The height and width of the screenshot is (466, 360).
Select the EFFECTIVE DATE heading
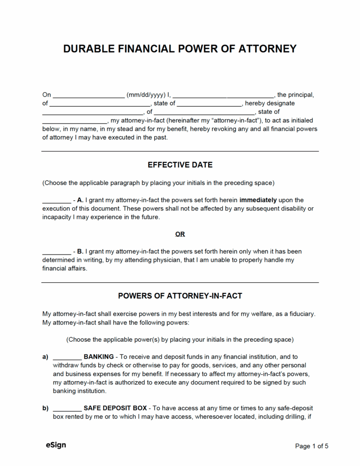coord(180,165)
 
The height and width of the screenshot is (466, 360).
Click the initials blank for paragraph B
coord(56,252)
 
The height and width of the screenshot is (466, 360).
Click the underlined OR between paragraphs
coord(180,234)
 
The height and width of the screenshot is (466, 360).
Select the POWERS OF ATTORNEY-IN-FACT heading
coord(180,296)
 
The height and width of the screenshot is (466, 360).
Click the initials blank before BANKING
coord(67,357)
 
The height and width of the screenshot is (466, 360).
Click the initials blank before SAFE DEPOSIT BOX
coord(67,408)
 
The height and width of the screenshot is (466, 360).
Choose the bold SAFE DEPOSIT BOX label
coord(115,408)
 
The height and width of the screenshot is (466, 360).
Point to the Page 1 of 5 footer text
coord(311,446)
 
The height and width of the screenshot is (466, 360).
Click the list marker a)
coord(45,357)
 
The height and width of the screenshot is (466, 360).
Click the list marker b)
coord(45,408)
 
